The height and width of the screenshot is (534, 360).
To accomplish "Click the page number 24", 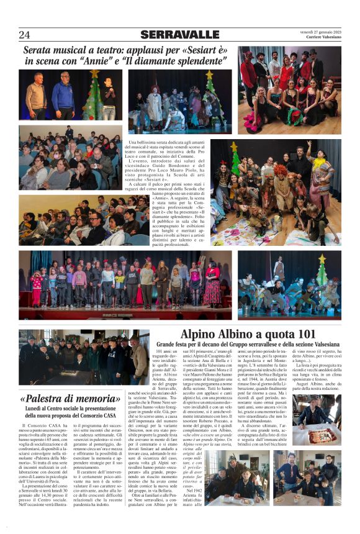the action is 25,35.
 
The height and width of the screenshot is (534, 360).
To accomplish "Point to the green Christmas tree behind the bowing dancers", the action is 321,273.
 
